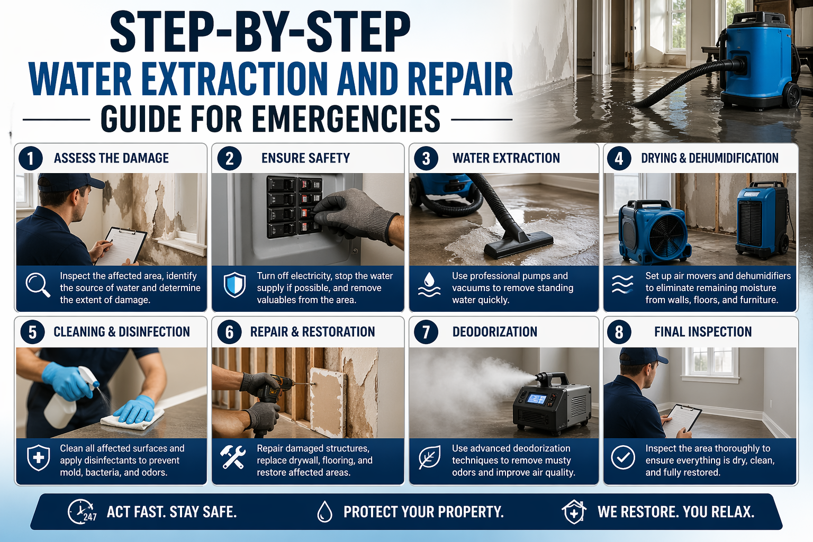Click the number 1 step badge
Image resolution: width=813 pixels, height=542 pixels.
pyautogui.click(x=31, y=158)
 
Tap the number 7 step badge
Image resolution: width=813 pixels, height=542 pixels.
pyautogui.click(x=426, y=332)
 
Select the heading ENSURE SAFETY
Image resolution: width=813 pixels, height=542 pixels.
pyautogui.click(x=305, y=158)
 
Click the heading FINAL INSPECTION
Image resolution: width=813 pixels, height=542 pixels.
pyautogui.click(x=702, y=332)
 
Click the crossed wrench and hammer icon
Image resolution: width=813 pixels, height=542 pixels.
pyautogui.click(x=233, y=457)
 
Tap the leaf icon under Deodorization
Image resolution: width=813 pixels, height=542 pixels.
pyautogui.click(x=429, y=457)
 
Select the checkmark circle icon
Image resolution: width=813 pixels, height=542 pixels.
pyautogui.click(x=623, y=457)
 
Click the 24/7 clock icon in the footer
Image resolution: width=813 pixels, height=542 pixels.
pyautogui.click(x=82, y=512)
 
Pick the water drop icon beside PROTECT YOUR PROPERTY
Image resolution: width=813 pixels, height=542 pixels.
pyautogui.click(x=324, y=512)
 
